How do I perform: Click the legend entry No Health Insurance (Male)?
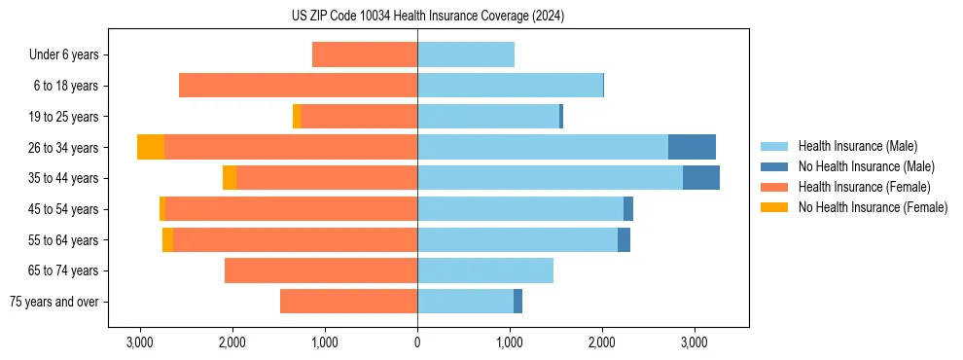(x=866, y=166)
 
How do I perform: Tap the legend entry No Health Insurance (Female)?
(x=872, y=207)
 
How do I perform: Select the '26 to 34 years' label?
(x=65, y=147)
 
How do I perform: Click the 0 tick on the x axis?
(x=417, y=342)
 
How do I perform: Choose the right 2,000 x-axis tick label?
(x=602, y=342)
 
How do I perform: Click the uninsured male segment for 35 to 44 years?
(x=701, y=178)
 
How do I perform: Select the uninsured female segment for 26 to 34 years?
(x=151, y=147)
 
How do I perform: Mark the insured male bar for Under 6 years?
(x=466, y=54)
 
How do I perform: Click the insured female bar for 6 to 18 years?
(x=298, y=86)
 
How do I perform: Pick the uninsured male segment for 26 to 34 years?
(x=692, y=147)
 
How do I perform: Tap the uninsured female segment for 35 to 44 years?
(x=230, y=178)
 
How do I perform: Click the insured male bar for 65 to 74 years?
(x=485, y=270)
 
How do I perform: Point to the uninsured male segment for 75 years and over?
(x=517, y=302)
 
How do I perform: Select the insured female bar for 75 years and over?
(x=348, y=302)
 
